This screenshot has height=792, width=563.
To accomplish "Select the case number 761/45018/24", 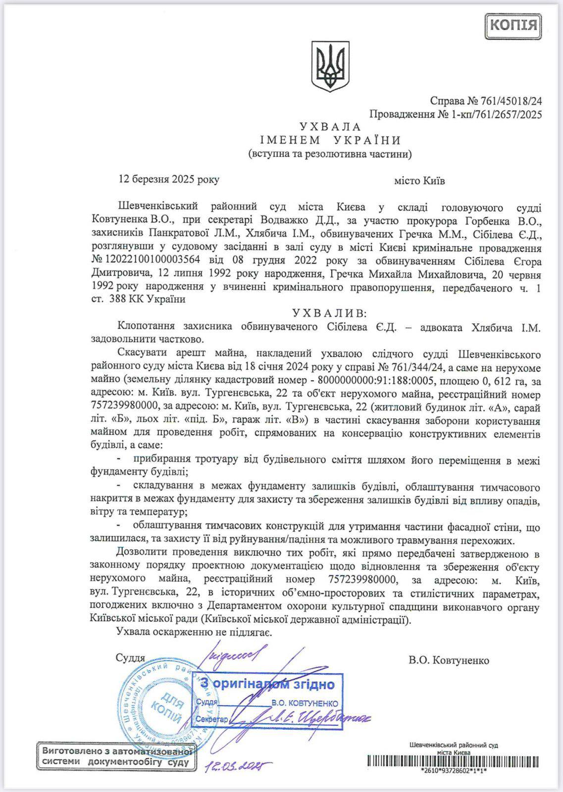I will pyautogui.click(x=512, y=101).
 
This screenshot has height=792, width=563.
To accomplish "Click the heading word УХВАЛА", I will pyautogui.click(x=330, y=127).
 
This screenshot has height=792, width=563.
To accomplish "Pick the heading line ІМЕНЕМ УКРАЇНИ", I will pyautogui.click(x=330, y=141).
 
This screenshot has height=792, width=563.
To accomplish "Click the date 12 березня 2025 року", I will pyautogui.click(x=168, y=180).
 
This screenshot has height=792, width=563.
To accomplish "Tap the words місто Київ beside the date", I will pyautogui.click(x=419, y=181).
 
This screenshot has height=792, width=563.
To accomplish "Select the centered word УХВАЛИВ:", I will pyautogui.click(x=330, y=313).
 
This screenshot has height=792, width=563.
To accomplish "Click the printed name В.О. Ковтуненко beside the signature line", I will pyautogui.click(x=449, y=660).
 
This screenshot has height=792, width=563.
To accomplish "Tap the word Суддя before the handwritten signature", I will pyautogui.click(x=130, y=658).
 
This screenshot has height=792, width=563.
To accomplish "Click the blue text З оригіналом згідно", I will pyautogui.click(x=267, y=685).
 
